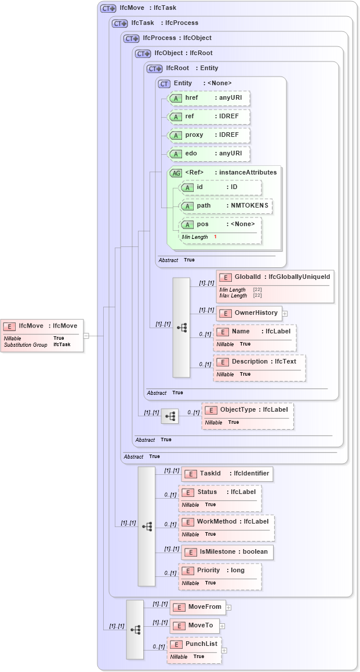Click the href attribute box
(208, 98)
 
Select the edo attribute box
(208, 154)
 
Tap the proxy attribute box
(208, 135)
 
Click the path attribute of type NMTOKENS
(226, 206)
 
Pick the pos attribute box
(220, 224)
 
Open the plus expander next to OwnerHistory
(285, 314)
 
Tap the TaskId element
(227, 474)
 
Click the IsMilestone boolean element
(227, 552)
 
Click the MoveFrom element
(197, 607)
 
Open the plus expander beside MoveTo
(222, 626)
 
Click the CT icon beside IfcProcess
(132, 38)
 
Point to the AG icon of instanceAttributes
(175, 173)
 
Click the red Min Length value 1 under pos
(215, 237)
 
